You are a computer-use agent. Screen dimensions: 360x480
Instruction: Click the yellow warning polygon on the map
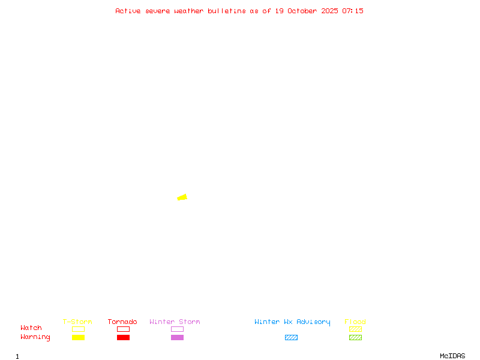[x=182, y=197]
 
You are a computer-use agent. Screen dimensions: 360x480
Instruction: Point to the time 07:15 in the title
[x=353, y=11]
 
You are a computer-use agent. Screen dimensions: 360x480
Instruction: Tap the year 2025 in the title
[x=330, y=11]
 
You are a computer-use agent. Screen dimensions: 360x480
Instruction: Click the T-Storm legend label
[x=77, y=322]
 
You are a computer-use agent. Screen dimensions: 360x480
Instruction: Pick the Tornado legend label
[x=122, y=322]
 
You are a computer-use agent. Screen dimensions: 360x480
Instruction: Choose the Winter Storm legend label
[x=175, y=322]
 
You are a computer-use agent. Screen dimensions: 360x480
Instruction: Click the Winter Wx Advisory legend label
[x=292, y=322]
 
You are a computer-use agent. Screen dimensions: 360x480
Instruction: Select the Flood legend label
[x=355, y=322]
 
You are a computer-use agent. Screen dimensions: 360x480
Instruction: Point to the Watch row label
[x=31, y=328]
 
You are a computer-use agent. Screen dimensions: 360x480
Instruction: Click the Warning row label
[x=35, y=337]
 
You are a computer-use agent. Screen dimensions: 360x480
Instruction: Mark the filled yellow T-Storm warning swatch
[x=78, y=337]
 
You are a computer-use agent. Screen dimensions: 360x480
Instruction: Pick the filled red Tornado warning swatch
[x=123, y=337]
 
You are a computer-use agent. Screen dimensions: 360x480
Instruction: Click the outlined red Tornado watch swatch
[x=123, y=329]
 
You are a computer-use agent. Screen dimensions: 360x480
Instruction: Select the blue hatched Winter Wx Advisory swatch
[x=291, y=337]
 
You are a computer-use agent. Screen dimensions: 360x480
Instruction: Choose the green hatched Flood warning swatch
[x=355, y=337]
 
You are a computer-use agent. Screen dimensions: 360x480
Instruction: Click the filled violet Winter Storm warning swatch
[x=177, y=337]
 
